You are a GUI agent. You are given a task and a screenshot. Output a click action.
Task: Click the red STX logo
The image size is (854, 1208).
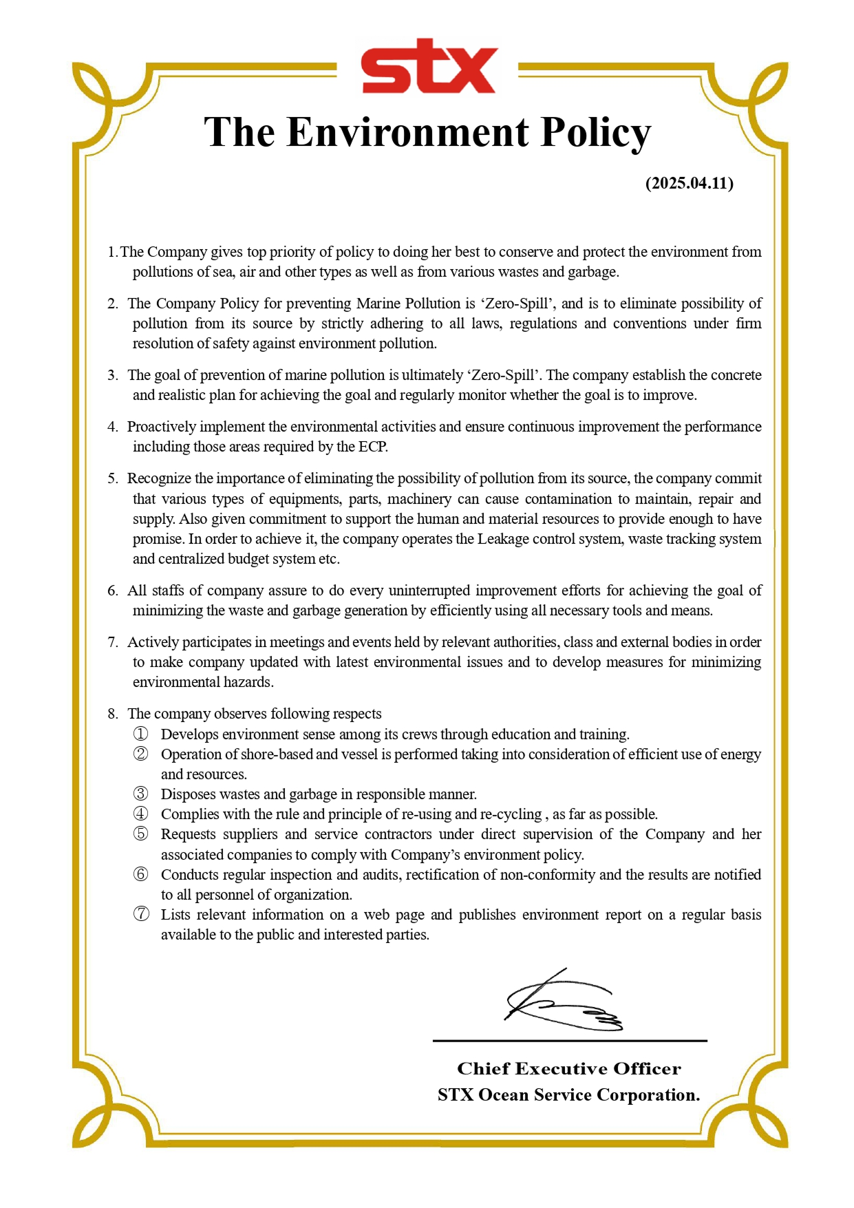[x=428, y=67]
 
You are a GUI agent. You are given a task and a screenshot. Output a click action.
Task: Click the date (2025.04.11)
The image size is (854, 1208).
[x=689, y=183]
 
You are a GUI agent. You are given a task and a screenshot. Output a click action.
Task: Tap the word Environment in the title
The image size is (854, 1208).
[x=408, y=132]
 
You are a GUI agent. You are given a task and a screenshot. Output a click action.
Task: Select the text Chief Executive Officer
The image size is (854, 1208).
[x=568, y=1068]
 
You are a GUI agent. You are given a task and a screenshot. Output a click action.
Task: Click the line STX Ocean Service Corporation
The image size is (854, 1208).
[x=568, y=1094]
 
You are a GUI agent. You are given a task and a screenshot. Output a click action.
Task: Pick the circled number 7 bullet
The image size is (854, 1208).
[x=140, y=915]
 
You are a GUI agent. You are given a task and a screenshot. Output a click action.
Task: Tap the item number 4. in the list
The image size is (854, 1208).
[x=113, y=427]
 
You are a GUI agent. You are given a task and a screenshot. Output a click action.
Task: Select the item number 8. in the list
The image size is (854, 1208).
[x=113, y=714]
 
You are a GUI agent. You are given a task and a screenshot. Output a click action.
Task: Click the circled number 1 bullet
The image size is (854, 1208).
[x=140, y=734]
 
